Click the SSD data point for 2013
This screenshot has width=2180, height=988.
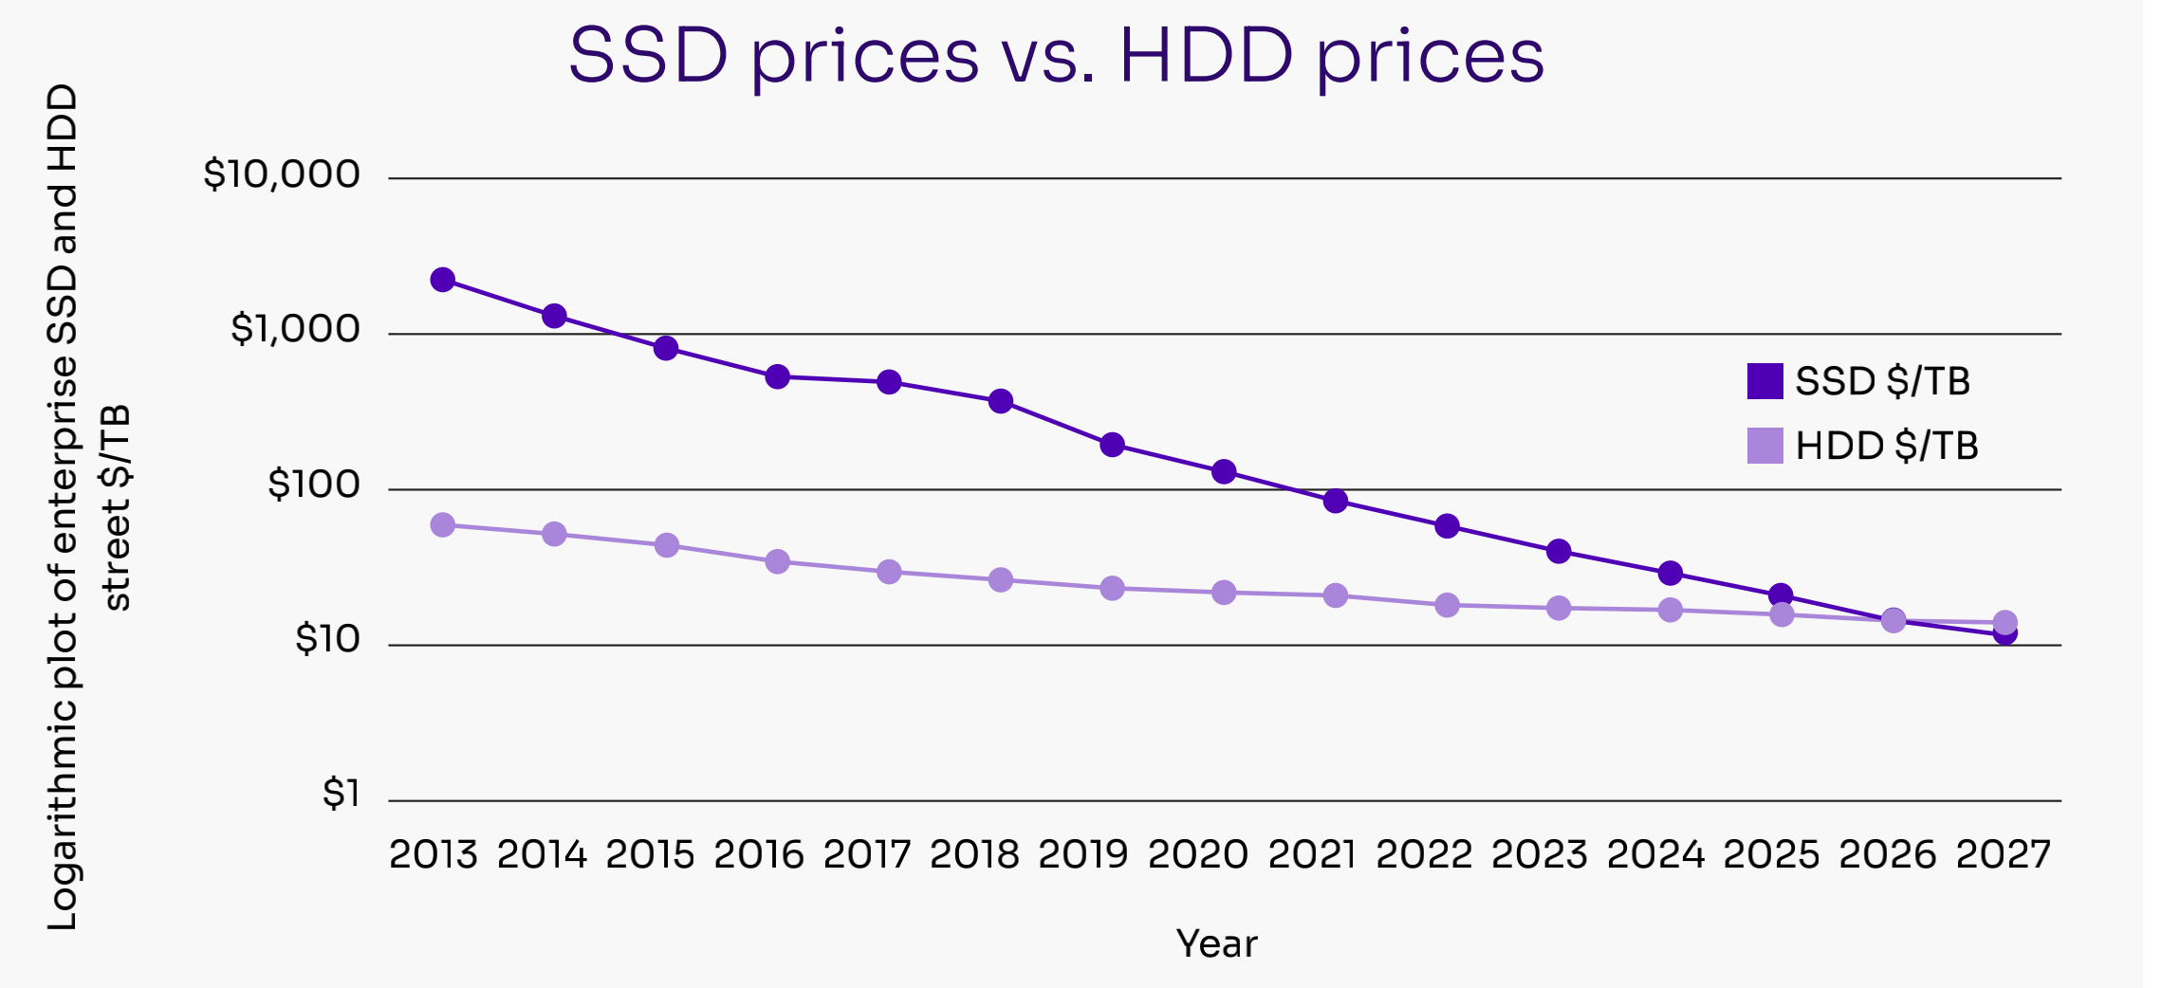pos(442,280)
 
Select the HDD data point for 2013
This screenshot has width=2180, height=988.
pos(442,525)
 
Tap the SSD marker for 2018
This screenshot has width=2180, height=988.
pos(1000,401)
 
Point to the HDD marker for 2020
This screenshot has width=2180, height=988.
pos(1224,593)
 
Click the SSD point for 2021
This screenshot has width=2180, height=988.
pos(1335,501)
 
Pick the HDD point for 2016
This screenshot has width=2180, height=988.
pos(777,562)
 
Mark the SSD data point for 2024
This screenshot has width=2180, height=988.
pos(1671,574)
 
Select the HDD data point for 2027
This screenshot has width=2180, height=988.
pos(2004,622)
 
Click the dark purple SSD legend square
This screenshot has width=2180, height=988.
pos(1764,381)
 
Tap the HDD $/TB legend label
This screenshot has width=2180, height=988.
pos(1887,446)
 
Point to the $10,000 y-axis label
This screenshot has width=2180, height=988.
pos(282,174)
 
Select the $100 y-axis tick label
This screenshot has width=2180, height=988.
pos(314,485)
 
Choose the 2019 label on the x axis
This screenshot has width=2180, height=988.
pos(1083,855)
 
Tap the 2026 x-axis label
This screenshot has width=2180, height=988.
pos(1887,855)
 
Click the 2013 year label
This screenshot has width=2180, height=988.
pos(434,855)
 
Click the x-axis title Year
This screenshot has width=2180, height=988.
pos(1216,944)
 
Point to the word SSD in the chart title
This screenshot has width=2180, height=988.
pos(648,55)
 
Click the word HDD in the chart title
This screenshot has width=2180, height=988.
pos(1206,55)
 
